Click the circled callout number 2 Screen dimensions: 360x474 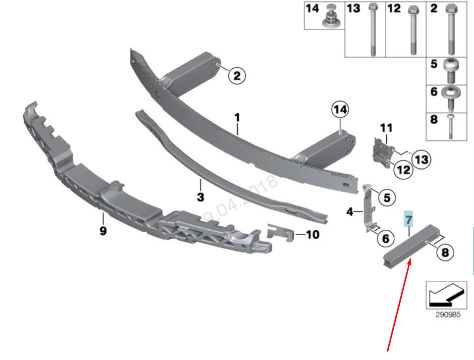[236, 76]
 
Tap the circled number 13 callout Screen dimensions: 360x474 [422, 159]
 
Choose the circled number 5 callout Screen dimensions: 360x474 [386, 198]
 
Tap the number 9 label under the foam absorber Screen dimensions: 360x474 [103, 231]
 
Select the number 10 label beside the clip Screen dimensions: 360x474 [313, 235]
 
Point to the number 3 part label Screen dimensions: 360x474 [200, 197]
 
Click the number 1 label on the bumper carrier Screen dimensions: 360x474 [237, 118]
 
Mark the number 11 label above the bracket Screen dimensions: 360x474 [386, 128]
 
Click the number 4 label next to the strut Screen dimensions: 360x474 [350, 212]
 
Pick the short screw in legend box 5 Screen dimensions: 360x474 [452, 70]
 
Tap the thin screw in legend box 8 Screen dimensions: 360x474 [451, 126]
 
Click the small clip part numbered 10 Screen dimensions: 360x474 [281, 231]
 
